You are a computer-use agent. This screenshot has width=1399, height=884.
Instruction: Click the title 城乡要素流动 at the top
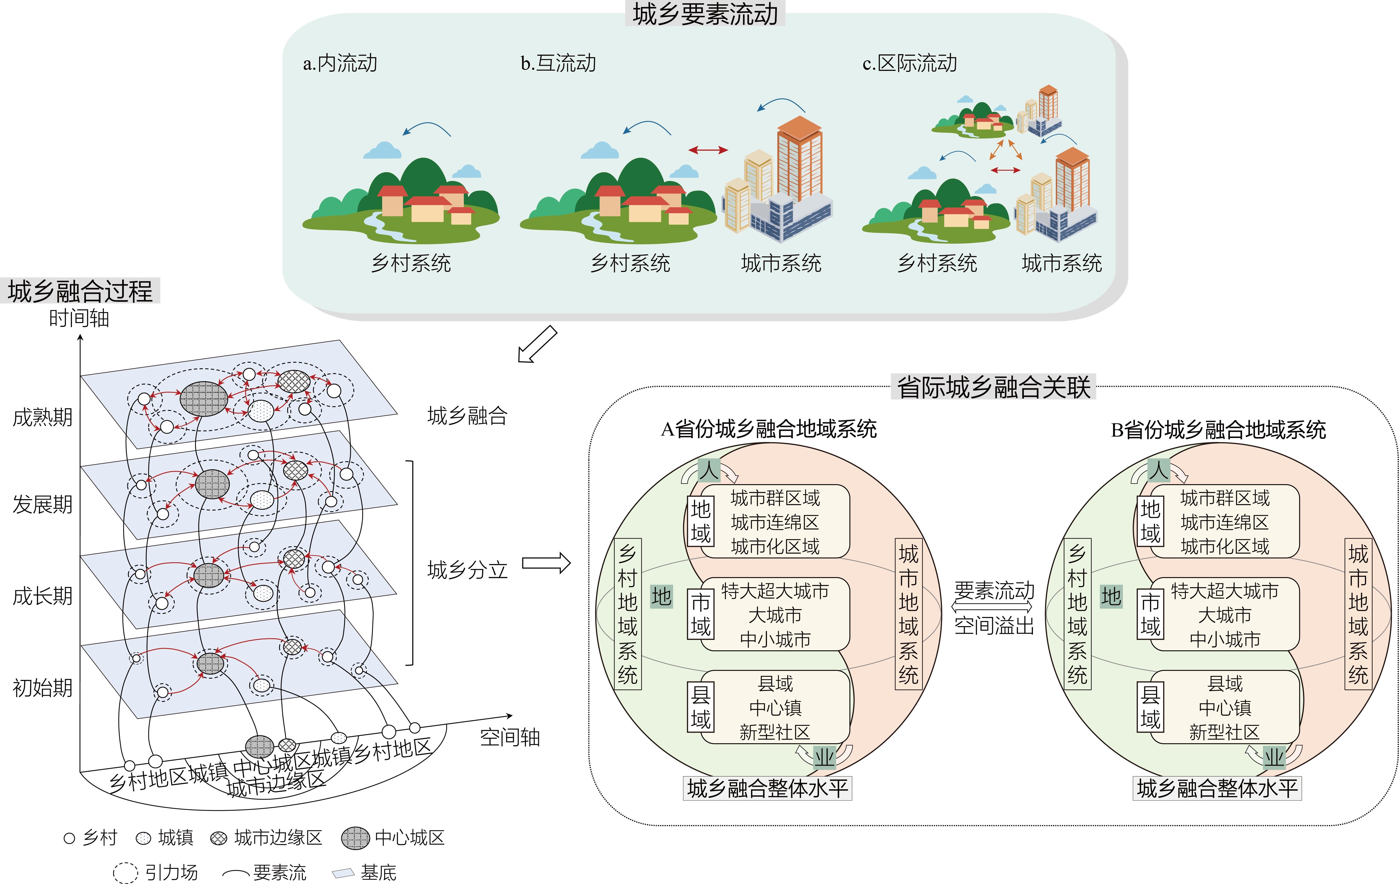coord(705,14)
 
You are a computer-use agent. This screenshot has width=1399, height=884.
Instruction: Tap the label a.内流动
coord(340,63)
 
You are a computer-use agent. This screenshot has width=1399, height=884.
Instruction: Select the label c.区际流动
coord(909,63)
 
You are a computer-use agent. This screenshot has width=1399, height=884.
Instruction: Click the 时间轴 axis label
coord(79,318)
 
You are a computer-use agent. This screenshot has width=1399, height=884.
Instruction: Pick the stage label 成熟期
coord(42,417)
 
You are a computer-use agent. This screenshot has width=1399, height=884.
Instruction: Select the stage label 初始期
coord(42,687)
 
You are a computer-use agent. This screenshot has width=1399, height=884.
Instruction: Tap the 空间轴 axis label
coord(510,737)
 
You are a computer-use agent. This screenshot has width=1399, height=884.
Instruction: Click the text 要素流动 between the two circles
coord(994,591)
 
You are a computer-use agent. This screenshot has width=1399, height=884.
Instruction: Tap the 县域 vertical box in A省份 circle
coord(701,707)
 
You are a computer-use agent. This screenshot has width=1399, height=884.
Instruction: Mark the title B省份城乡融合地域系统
coord(1218,430)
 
